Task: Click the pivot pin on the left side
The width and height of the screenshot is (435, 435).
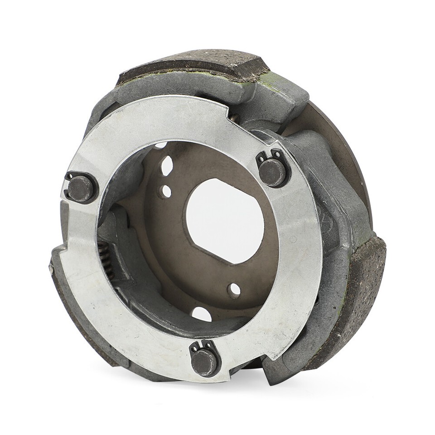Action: coord(80,188)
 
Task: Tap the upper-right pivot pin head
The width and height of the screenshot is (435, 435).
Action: coord(272,172)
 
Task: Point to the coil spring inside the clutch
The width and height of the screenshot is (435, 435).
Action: coord(106,261)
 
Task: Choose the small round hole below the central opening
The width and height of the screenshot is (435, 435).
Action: coord(234,290)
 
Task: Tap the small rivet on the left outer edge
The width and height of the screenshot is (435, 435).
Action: coord(51,269)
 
